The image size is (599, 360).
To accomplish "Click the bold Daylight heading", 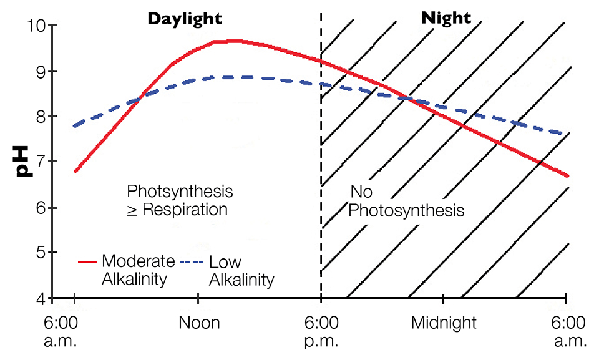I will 184,18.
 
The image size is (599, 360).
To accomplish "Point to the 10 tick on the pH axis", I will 38,26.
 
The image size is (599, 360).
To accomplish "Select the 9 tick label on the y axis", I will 41,71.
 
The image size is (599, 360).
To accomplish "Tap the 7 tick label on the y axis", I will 41,162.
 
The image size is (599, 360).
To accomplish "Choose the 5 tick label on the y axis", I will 41,253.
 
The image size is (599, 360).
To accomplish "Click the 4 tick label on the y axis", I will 41,299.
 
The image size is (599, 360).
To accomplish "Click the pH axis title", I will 23,161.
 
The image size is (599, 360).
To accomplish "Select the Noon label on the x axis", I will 199,323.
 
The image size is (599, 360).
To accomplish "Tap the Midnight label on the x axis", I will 444,323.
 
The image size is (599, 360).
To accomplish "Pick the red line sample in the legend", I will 87,261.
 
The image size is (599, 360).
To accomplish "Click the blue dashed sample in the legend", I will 192,261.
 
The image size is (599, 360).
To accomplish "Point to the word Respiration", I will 184,210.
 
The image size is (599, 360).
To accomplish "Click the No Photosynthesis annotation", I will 406,201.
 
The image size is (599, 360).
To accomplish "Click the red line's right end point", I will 567,176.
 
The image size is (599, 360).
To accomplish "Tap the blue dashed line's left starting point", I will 74,126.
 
